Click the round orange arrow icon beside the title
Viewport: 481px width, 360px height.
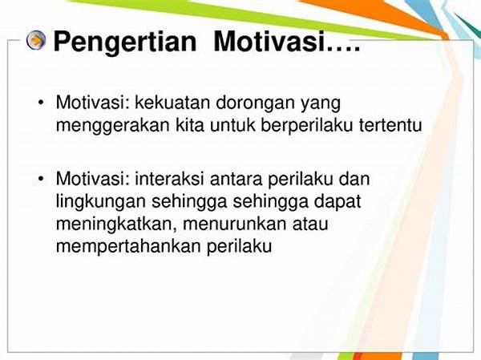pyautogui.click(x=36, y=40)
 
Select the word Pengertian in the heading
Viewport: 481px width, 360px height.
pyautogui.click(x=125, y=42)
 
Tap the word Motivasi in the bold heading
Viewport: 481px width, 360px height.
pyautogui.click(x=269, y=41)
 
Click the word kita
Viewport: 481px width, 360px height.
pyautogui.click(x=190, y=124)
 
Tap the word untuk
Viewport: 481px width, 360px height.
pyautogui.click(x=232, y=124)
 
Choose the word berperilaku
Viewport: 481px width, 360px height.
pyautogui.click(x=307, y=127)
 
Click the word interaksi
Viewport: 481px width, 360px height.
pyautogui.click(x=169, y=179)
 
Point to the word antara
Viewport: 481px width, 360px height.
pyautogui.click(x=236, y=180)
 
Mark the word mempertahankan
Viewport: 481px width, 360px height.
pyautogui.click(x=128, y=247)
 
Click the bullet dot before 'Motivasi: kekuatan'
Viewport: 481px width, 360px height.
pyautogui.click(x=41, y=103)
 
